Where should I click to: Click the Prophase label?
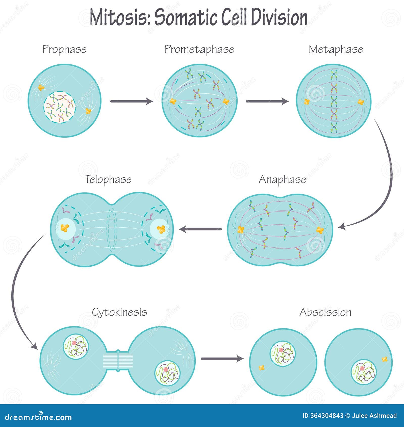click(64, 49)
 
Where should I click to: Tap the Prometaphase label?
click(199, 49)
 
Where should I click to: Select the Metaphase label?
click(336, 49)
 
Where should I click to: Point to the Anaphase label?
click(282, 179)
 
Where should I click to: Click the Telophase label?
click(108, 179)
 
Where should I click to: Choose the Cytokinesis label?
click(119, 312)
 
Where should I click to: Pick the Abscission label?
click(325, 312)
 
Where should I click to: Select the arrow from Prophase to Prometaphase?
click(131, 101)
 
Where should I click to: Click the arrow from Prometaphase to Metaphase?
click(267, 101)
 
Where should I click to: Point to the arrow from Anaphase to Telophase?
click(200, 229)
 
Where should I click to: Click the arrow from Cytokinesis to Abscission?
click(222, 358)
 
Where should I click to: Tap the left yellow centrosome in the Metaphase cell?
click(307, 102)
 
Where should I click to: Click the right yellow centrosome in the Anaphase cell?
click(320, 230)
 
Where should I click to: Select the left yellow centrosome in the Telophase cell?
click(65, 228)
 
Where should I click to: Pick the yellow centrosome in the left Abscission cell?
click(262, 368)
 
